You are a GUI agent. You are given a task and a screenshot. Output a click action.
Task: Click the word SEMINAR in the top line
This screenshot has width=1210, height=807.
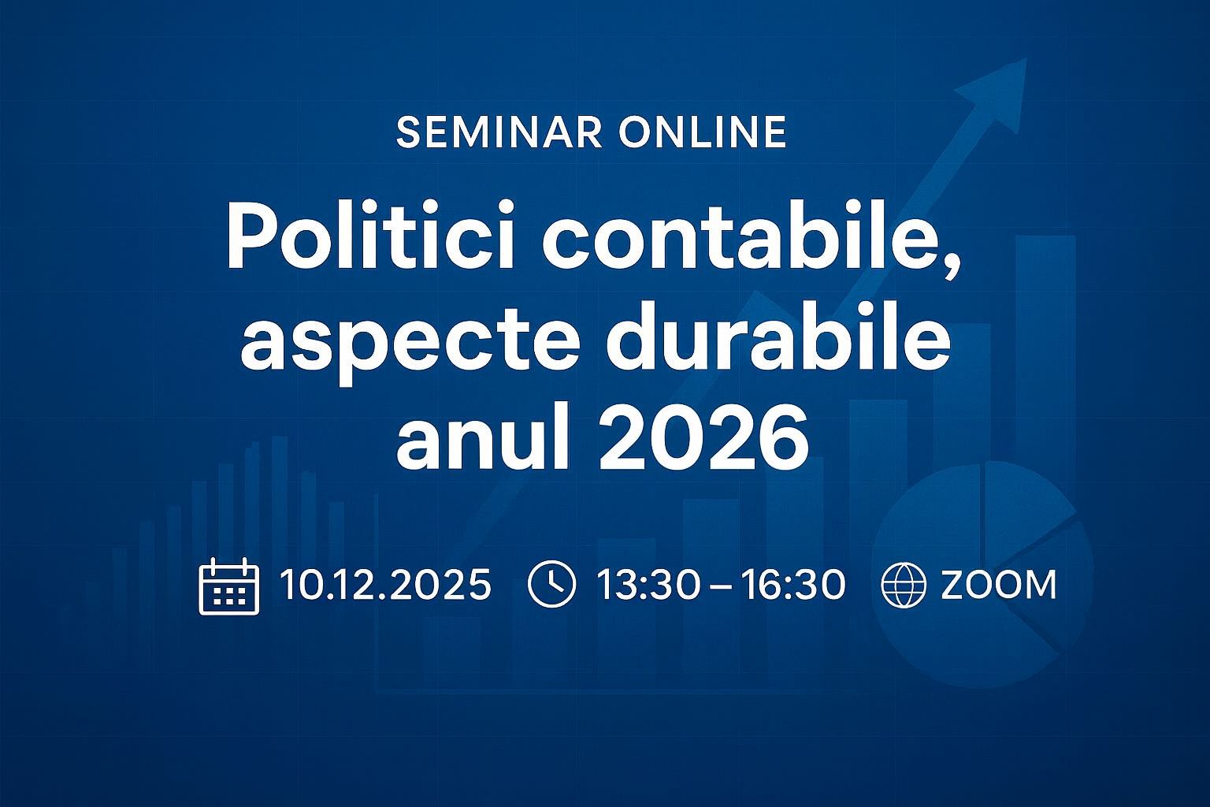pos(500,132)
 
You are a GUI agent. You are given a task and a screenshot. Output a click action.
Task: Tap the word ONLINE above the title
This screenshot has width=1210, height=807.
pos(703,132)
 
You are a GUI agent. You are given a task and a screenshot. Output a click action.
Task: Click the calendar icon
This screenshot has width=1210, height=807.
pos(228,586)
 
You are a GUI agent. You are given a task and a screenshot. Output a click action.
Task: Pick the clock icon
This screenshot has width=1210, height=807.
pos(551,585)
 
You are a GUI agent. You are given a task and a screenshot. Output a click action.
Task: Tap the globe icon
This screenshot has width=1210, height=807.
pos(904,586)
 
